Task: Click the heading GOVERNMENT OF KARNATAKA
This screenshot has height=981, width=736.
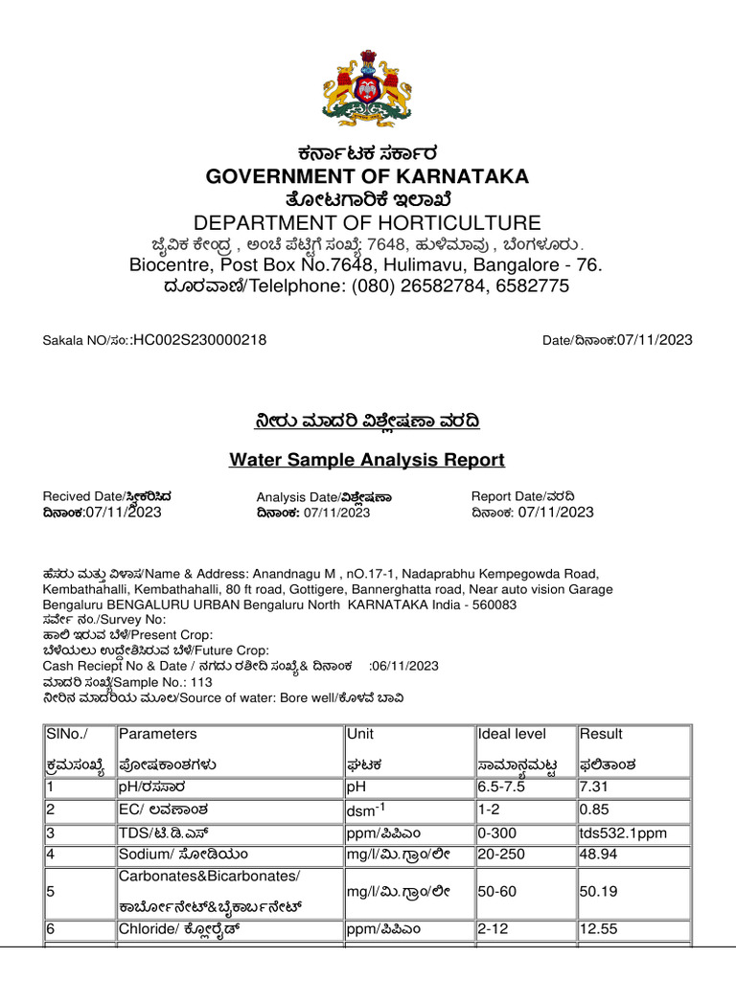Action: pos(368,176)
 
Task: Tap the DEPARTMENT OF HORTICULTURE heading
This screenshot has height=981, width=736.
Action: pos(368,222)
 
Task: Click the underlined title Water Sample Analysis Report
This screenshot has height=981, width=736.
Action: pos(367,460)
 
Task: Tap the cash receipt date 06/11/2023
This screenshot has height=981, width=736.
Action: pos(406,666)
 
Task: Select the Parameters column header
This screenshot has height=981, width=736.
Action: pos(158,734)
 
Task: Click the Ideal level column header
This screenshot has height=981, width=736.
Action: pos(513,734)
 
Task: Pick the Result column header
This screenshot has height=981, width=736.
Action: pos(601,734)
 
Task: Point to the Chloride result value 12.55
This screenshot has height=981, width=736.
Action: pos(598,928)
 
